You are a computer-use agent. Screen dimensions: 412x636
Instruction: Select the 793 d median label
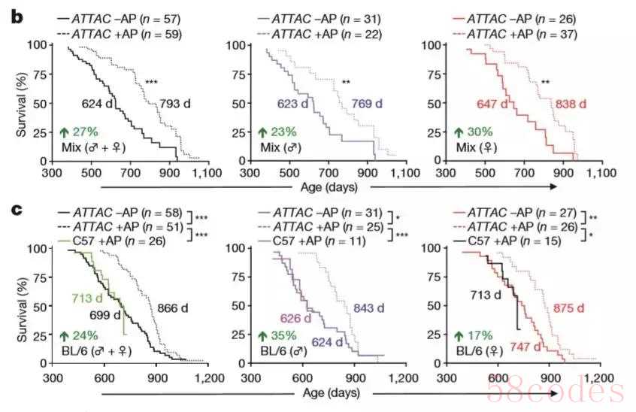tap(174, 103)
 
